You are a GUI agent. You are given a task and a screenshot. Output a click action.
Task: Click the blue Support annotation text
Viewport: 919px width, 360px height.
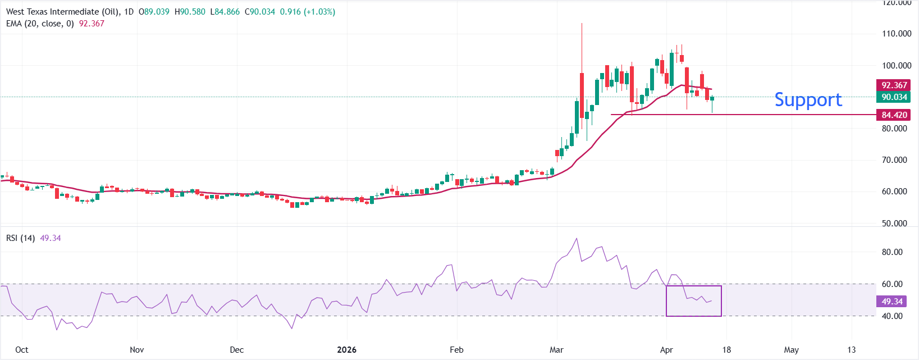pyautogui.click(x=808, y=100)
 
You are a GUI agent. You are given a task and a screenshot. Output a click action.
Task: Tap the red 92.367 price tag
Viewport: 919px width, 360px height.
pyautogui.click(x=894, y=85)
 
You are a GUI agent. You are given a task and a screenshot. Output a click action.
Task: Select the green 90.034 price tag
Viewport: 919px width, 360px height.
pyautogui.click(x=894, y=97)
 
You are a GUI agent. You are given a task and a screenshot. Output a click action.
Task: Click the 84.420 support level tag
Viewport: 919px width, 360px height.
pyautogui.click(x=894, y=115)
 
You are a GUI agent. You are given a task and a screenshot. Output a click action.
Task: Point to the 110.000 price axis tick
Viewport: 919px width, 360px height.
pyautogui.click(x=896, y=34)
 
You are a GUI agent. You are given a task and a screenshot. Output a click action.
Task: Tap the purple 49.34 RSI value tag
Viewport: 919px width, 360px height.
pyautogui.click(x=891, y=302)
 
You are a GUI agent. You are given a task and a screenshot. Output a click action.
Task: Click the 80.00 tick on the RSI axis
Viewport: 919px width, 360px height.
pyautogui.click(x=892, y=252)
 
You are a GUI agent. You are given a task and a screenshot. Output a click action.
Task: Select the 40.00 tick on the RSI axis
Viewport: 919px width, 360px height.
pyautogui.click(x=892, y=316)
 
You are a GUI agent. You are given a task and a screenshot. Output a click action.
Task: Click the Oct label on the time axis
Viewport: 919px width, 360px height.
pyautogui.click(x=22, y=350)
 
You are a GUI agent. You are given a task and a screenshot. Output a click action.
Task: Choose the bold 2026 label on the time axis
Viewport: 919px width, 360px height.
pyautogui.click(x=346, y=350)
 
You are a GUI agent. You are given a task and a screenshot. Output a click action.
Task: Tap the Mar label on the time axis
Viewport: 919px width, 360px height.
pyautogui.click(x=556, y=350)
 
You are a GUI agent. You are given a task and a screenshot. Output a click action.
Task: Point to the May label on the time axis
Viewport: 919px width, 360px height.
pyautogui.click(x=791, y=350)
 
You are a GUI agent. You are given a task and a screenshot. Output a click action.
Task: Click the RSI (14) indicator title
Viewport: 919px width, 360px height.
pyautogui.click(x=20, y=238)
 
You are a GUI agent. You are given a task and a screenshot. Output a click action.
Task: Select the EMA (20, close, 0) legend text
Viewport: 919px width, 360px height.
pyautogui.click(x=40, y=24)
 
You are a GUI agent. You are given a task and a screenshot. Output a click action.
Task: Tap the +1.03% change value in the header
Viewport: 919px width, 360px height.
pyautogui.click(x=319, y=12)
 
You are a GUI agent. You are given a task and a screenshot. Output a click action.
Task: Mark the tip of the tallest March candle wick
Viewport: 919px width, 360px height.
pyautogui.click(x=582, y=24)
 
